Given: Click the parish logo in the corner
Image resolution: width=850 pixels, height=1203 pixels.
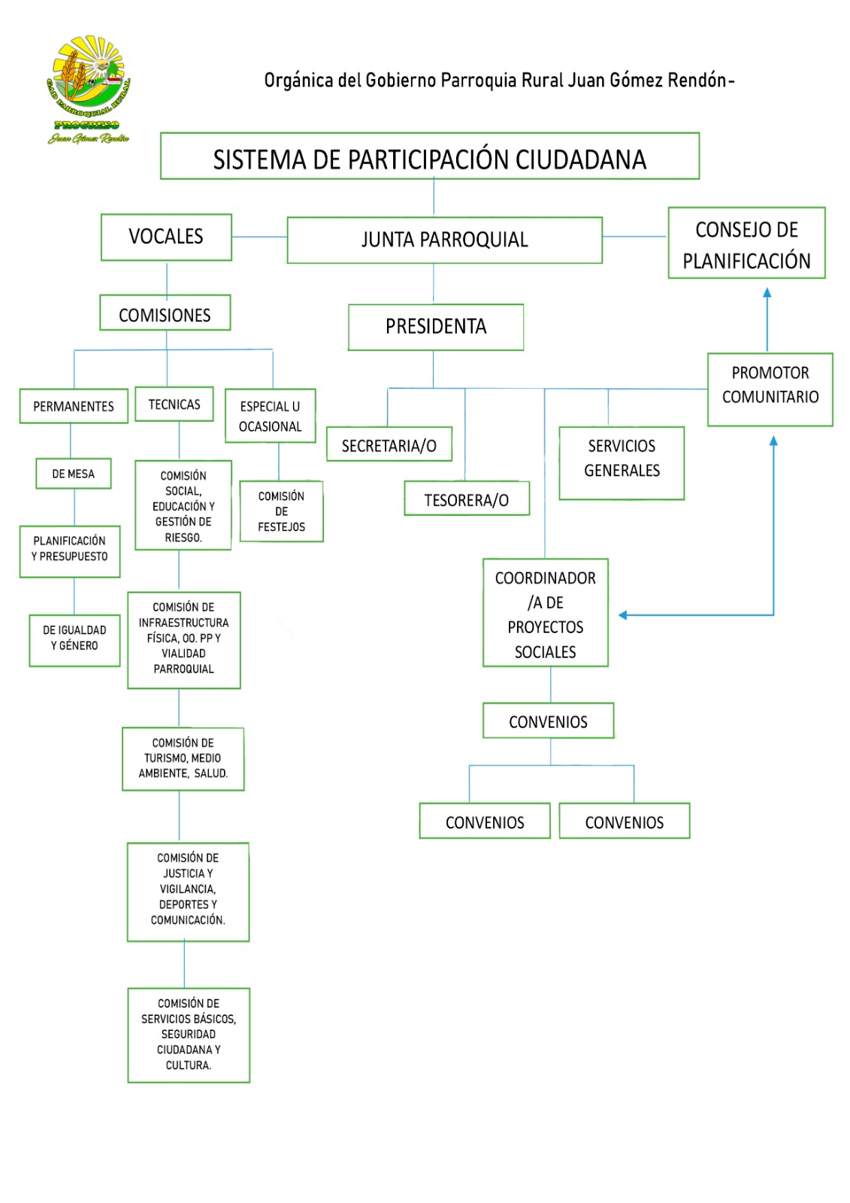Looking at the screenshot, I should click(x=89, y=89).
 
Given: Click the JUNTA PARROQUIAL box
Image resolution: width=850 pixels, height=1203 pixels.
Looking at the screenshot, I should click(x=444, y=240).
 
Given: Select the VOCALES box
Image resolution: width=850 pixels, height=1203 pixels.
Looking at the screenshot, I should click(x=166, y=237).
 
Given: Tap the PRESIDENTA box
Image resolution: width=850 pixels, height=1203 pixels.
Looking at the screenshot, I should click(x=436, y=327).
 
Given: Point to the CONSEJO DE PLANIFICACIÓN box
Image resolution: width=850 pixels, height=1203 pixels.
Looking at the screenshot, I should click(x=746, y=244).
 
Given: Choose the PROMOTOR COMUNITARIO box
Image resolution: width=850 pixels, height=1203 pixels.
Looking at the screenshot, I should click(x=770, y=389).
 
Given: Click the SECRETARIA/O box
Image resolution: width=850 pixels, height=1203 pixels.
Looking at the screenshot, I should click(x=389, y=446).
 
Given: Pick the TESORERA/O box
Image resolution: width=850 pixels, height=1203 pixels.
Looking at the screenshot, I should click(x=467, y=499).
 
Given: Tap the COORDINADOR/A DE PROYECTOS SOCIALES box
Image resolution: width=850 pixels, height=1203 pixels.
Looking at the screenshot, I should click(x=546, y=613).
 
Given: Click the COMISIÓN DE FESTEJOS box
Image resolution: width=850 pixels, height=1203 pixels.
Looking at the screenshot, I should click(x=281, y=511).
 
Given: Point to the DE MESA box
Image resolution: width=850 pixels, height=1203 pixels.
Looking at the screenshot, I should click(x=74, y=474).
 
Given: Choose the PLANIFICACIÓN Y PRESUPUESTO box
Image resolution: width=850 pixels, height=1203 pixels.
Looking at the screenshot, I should click(x=70, y=551).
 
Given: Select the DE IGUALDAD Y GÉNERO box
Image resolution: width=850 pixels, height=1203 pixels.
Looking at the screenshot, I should click(x=74, y=640).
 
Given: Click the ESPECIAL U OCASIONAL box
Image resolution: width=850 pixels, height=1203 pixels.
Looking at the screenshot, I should click(x=271, y=416).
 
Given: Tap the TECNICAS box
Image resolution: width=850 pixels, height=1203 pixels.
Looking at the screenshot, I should click(x=174, y=405).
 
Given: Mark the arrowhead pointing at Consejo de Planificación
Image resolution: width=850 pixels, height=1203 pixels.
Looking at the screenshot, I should click(x=767, y=293).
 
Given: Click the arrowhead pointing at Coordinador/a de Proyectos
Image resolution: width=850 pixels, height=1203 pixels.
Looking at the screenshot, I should click(x=623, y=615).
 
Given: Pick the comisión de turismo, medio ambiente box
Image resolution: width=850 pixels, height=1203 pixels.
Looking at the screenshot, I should click(x=183, y=758).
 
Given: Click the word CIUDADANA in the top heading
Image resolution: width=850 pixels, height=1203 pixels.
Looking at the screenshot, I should click(x=581, y=159).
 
